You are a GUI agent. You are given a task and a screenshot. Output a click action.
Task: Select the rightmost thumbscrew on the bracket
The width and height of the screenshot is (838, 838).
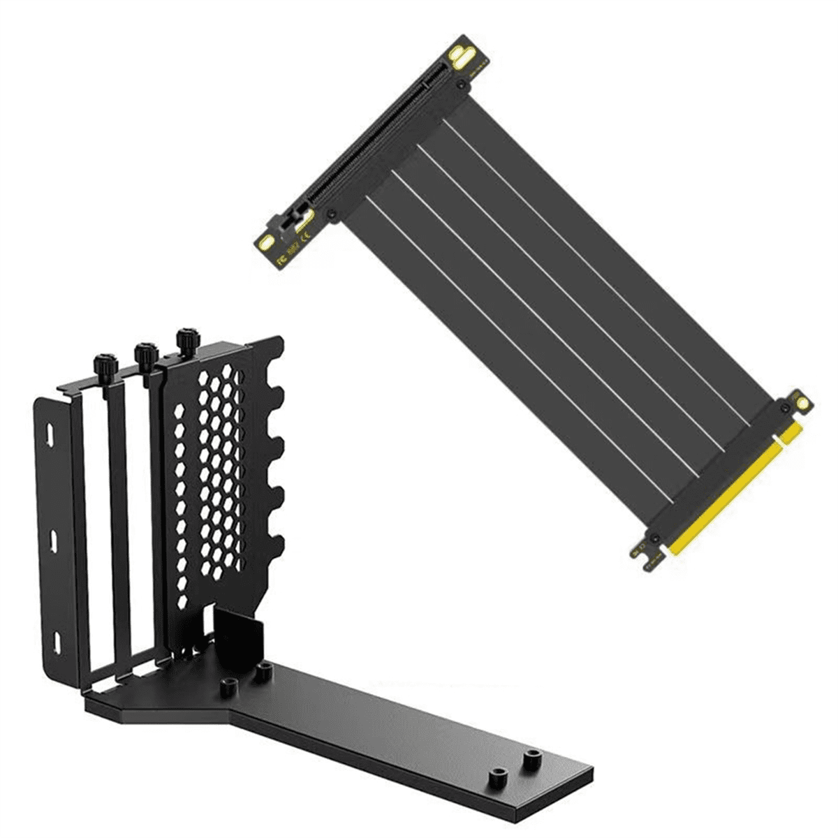point(187,341)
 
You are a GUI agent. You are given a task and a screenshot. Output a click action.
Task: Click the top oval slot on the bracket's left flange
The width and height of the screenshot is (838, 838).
point(51,433)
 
